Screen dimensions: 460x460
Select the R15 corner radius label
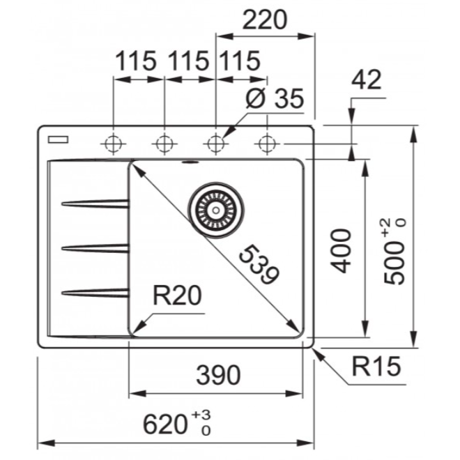376,367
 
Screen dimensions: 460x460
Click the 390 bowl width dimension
217,375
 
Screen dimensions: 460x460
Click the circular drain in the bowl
216,207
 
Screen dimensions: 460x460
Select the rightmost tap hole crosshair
266,144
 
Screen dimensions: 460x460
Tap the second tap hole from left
164,144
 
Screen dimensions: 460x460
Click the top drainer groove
96,204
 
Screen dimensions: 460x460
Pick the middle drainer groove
96,247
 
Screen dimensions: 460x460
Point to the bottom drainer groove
96,291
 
